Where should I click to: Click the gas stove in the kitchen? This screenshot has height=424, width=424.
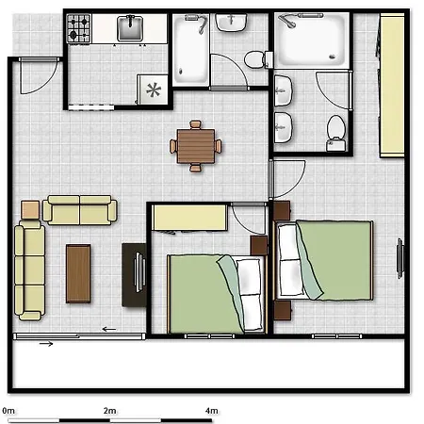pos(79,28)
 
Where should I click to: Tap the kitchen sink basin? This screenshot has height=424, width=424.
pos(130,29)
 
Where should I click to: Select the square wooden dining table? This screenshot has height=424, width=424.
pos(196,146)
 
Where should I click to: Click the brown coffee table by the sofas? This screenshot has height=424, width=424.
pos(78,273)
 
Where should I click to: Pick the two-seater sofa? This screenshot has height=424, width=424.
pos(80,210)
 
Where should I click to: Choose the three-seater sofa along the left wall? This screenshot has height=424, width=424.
pos(30,270)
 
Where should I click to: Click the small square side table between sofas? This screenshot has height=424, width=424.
pos(30,210)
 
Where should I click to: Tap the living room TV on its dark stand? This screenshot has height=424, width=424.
pos(139,271)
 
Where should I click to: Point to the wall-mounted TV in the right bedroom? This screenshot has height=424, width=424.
pos(400,258)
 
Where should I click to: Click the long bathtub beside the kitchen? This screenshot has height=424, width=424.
pos(190,50)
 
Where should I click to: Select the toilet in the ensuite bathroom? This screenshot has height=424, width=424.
pos(336,133)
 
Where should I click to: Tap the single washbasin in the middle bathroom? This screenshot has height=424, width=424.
pos(231,23)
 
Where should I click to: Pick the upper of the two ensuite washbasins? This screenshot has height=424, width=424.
pos(283,90)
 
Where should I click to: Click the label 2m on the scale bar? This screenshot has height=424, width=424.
pos(110,411)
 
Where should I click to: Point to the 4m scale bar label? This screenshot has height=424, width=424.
pos(212,411)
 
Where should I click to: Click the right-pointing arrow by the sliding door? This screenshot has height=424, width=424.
pos(46,344)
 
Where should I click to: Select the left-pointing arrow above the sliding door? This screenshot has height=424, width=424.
pos(109,329)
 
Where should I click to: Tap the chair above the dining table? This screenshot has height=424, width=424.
pos(195,124)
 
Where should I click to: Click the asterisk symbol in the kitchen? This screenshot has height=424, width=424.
pos(154,90)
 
